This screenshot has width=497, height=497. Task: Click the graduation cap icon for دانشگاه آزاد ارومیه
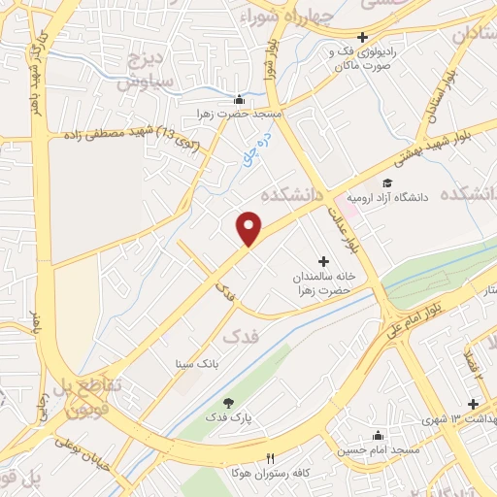[386, 183]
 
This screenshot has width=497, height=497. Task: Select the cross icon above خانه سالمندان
[323, 261]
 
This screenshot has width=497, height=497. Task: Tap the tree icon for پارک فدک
[228, 402]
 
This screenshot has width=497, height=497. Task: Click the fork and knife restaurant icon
[271, 457]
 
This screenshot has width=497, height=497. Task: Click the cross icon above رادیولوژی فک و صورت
[362, 37]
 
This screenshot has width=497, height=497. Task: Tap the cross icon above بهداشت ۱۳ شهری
[473, 405]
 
